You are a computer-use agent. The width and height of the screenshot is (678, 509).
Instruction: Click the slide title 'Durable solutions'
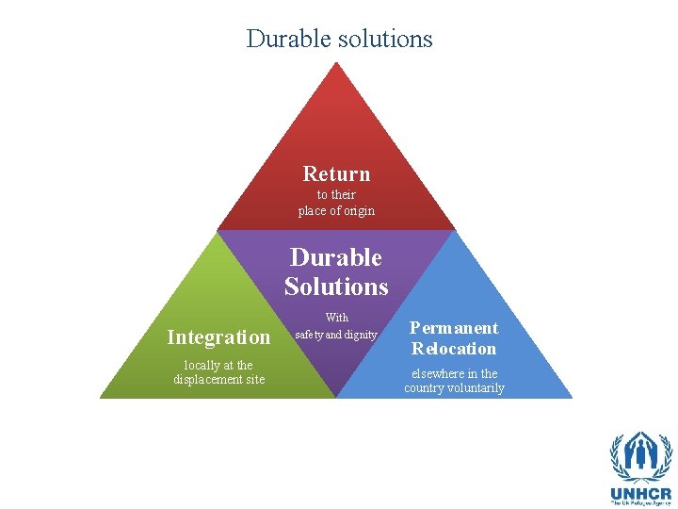(339, 39)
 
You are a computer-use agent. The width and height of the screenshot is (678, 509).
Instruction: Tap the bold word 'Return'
(336, 173)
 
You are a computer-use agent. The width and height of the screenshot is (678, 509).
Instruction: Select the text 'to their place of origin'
(336, 203)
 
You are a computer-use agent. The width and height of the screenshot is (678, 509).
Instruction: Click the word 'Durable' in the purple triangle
(336, 257)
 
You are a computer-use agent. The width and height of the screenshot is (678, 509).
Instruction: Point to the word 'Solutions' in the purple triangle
(336, 286)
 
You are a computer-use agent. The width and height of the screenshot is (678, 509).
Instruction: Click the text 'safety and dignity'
(336, 335)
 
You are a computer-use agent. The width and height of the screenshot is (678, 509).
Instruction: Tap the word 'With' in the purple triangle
(336, 318)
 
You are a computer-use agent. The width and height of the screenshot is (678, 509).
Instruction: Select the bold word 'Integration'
(218, 337)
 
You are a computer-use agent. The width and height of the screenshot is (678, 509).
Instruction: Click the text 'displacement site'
(218, 380)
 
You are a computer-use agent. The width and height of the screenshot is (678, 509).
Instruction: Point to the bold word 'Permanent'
(454, 328)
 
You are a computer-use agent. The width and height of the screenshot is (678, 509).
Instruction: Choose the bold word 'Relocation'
(454, 348)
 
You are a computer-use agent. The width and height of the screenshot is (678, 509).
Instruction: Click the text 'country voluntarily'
(454, 388)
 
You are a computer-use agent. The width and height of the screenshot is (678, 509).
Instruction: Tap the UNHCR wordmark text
(640, 493)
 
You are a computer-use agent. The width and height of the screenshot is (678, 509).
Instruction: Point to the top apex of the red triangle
(336, 64)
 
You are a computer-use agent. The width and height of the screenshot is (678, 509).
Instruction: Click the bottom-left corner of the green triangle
(102, 397)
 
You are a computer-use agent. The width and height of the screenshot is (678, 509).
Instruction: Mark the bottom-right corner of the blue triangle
(571, 397)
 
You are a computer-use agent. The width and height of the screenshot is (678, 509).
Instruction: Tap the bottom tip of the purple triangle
(336, 396)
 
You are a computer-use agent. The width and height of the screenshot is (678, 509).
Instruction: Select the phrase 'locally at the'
(218, 365)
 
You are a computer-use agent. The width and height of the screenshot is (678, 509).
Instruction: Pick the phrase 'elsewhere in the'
(454, 373)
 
